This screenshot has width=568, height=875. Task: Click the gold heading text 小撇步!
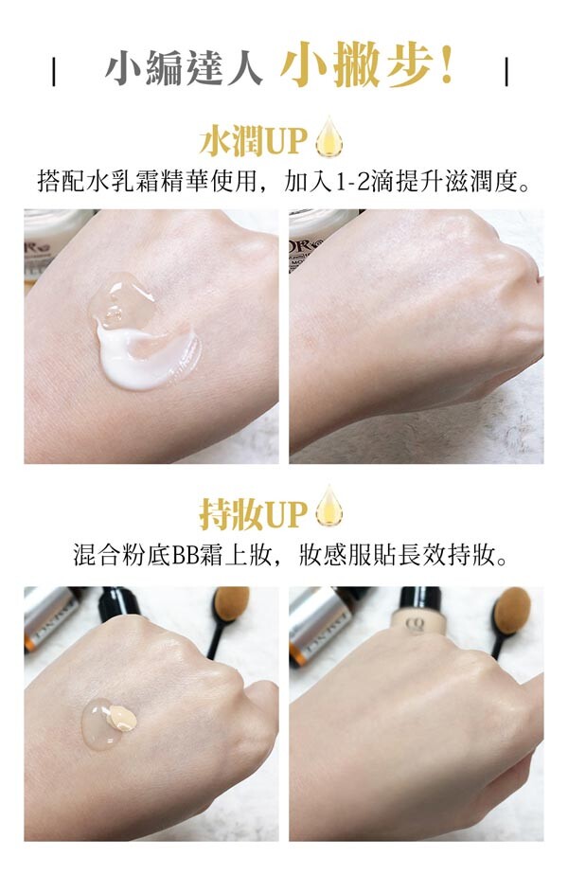click(366, 65)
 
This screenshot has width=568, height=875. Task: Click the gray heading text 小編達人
click(184, 69)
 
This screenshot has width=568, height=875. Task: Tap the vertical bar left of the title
click(54, 71)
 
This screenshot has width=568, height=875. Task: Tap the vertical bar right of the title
click(506, 71)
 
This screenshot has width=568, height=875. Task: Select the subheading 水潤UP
click(254, 140)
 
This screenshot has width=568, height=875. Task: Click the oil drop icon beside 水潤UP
click(329, 136)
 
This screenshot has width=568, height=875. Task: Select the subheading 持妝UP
click(254, 515)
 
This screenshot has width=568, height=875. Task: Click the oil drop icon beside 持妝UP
click(329, 507)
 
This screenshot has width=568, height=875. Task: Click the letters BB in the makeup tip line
click(185, 556)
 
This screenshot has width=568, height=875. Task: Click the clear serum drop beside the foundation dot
click(100, 724)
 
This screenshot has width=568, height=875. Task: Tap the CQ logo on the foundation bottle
click(416, 624)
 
